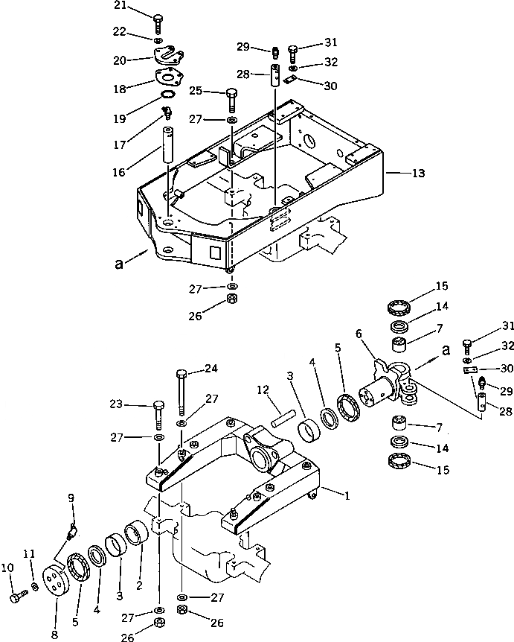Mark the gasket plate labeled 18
click(169, 78)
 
